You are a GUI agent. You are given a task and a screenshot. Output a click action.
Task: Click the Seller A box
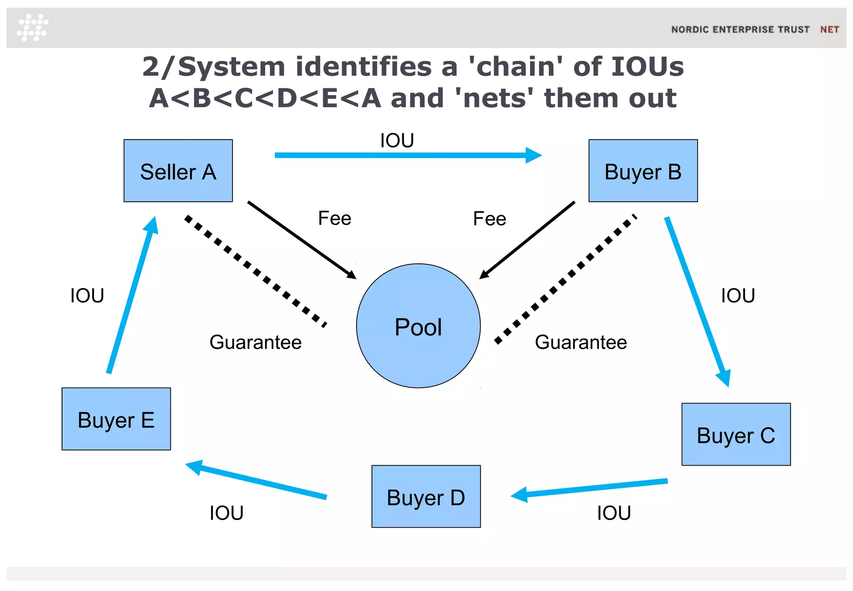[x=178, y=170]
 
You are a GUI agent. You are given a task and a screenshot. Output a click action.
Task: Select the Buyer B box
[x=643, y=170]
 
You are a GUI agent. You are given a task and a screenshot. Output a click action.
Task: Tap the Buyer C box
[x=736, y=434]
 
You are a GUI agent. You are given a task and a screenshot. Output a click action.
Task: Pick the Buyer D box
[x=426, y=496]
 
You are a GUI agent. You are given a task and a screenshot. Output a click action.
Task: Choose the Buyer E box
[x=116, y=419]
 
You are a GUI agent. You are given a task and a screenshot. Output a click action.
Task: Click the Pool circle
[x=418, y=326]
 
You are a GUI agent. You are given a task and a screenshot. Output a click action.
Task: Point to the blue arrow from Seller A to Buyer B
[x=400, y=155]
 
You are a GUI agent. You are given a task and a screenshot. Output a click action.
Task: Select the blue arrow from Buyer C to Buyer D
[x=591, y=488]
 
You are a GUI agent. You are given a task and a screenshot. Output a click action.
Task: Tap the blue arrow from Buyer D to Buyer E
[x=258, y=480]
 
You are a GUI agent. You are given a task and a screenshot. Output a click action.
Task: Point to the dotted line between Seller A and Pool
[x=255, y=271]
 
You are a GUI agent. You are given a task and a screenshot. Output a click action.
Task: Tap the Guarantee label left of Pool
[x=255, y=342]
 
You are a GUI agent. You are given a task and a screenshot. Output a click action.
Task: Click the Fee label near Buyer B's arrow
[x=489, y=219]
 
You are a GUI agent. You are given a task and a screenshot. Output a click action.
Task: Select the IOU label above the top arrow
[x=397, y=140]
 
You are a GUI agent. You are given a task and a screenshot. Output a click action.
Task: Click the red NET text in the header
[x=829, y=30]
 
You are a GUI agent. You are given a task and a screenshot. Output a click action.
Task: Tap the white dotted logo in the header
[x=32, y=28]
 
